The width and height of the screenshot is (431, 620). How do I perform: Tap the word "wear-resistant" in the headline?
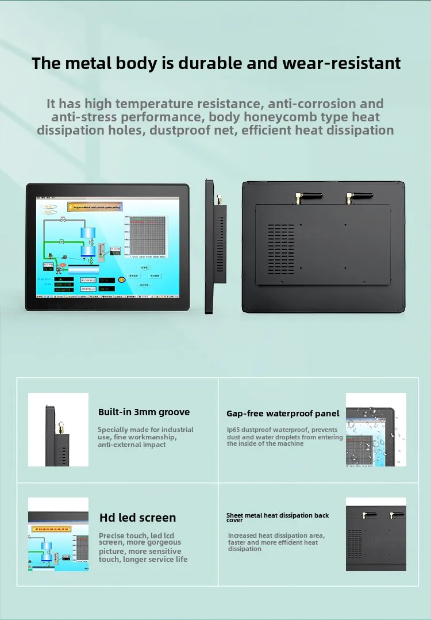point(341,63)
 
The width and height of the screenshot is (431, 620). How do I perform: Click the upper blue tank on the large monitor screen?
point(88,233)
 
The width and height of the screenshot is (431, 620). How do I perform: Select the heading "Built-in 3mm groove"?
point(144,412)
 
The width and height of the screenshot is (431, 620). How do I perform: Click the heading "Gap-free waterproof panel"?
point(283,414)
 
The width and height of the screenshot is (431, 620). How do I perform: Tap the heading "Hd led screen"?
point(137,518)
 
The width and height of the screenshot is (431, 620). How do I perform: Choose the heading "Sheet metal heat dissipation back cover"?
point(278,518)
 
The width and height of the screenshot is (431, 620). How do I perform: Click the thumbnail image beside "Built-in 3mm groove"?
point(58,430)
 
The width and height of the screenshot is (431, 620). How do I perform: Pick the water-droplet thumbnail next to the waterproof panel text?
point(376,430)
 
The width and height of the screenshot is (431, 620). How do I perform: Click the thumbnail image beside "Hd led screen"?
point(58,534)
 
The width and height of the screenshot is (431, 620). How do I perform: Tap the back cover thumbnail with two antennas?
point(376,534)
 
